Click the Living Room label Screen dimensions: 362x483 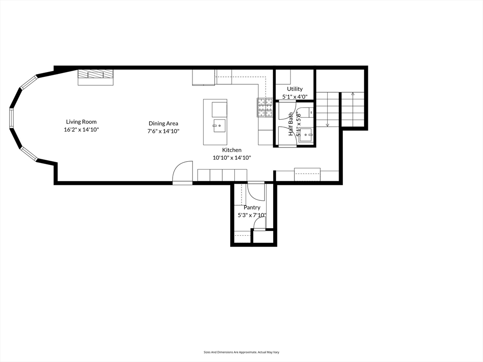[81, 122]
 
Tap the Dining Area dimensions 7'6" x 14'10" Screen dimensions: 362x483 [163, 131]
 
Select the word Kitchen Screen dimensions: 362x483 [232, 150]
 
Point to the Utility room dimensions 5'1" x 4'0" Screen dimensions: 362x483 [295, 97]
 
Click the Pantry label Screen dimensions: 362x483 [252, 207]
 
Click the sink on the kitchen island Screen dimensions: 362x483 [219, 125]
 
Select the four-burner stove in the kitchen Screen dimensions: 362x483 [265, 107]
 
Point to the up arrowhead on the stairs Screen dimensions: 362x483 [352, 94]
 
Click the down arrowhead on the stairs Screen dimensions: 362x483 [327, 125]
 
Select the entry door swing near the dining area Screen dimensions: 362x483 [183, 172]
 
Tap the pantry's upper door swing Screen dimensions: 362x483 [256, 191]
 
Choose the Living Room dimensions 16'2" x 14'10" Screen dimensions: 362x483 [81, 129]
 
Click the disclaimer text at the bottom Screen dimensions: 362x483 [241, 352]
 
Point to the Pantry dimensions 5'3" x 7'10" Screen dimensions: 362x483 [252, 215]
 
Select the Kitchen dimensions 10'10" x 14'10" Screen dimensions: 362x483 [232, 157]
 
